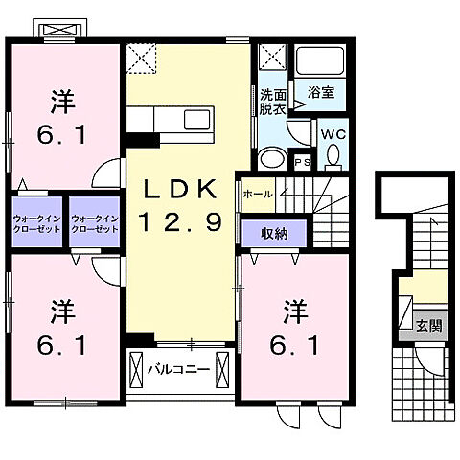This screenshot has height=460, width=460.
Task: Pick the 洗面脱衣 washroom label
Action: (274, 102)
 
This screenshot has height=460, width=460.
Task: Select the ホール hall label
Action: (257, 194)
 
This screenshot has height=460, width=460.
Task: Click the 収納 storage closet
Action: (272, 232)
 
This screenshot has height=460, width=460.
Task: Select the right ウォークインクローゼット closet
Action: (94, 224)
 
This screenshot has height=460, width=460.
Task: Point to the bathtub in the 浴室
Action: (319, 62)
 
